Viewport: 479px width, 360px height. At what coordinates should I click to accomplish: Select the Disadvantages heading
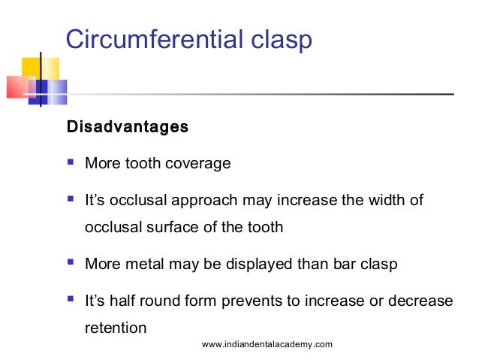[128, 126]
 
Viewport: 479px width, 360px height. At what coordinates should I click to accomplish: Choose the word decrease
[417, 301]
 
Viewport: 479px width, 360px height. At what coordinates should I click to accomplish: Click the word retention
[117, 327]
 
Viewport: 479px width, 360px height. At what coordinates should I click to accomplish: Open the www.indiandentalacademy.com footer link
[267, 344]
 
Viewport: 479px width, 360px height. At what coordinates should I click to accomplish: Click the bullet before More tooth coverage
[71, 162]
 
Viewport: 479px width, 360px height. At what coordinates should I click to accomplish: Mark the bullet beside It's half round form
[71, 300]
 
